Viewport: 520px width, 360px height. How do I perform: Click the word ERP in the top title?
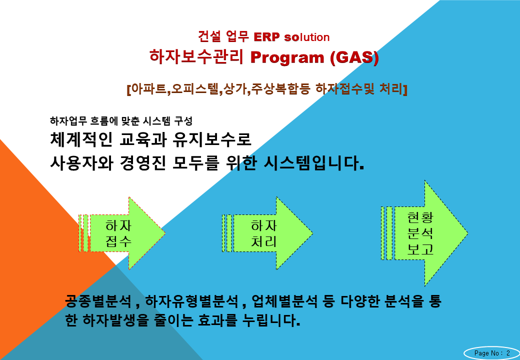(x=266, y=37)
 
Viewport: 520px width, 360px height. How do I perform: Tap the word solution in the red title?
(x=307, y=37)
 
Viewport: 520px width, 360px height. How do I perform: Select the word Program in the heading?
(x=287, y=57)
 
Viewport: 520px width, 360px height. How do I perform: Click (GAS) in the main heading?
(x=354, y=57)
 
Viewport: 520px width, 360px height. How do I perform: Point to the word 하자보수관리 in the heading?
(x=196, y=56)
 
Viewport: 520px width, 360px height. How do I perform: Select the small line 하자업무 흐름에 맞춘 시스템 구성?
(x=121, y=121)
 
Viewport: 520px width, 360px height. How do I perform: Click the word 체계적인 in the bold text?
(x=81, y=139)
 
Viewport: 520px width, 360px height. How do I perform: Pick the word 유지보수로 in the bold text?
(x=212, y=139)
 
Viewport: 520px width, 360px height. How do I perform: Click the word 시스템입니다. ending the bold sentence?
(x=313, y=163)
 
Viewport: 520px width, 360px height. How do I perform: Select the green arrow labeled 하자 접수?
(x=122, y=233)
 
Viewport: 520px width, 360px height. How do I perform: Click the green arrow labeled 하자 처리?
(x=267, y=233)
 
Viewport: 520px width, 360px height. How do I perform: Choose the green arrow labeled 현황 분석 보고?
(x=424, y=233)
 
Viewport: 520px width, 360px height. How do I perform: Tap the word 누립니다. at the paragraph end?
(x=271, y=320)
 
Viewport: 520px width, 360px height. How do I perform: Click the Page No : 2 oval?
(x=492, y=353)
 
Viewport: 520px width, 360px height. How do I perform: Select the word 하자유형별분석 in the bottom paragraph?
(x=191, y=301)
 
